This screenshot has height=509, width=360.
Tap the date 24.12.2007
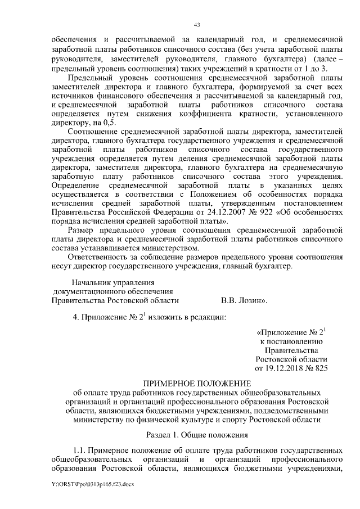[225, 213]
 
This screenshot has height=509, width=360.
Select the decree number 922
[262, 213]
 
